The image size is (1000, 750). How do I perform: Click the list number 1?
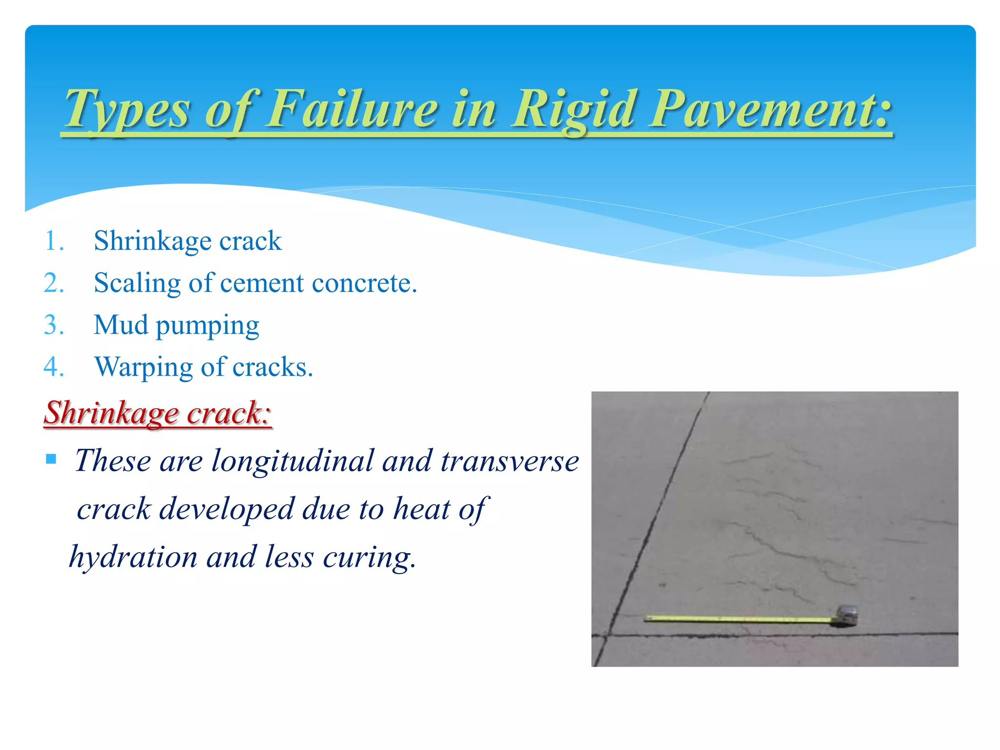click(x=54, y=241)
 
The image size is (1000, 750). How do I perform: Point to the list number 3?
click(x=54, y=325)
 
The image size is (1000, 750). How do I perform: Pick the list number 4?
click(x=54, y=367)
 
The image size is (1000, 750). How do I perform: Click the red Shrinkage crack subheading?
click(x=157, y=413)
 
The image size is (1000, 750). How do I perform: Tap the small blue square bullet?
click(x=51, y=459)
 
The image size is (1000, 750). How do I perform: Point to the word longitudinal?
click(x=292, y=460)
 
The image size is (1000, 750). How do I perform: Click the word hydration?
click(x=133, y=557)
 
